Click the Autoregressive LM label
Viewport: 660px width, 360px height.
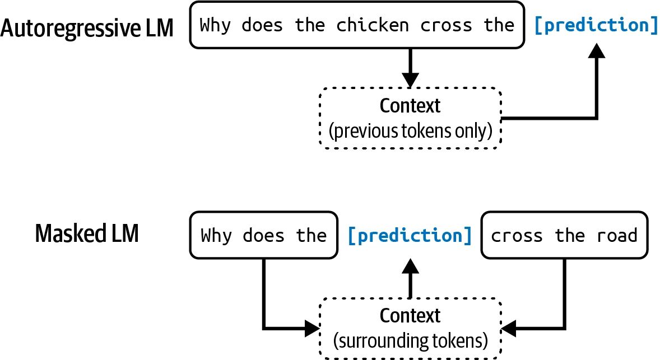tap(87, 28)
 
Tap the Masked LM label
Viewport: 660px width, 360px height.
tap(87, 233)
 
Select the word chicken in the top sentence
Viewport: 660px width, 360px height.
tap(373, 25)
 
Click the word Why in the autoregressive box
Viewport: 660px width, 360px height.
tap(215, 25)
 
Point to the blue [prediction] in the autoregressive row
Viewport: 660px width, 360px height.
tap(596, 25)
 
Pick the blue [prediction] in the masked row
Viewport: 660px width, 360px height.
tap(410, 236)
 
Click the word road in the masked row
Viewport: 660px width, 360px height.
tap(617, 236)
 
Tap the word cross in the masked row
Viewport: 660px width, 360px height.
tap(517, 236)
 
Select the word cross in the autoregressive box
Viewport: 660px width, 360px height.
tap(446, 26)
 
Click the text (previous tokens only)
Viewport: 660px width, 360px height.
tap(410, 131)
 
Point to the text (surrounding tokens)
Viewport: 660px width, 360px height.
tap(410, 340)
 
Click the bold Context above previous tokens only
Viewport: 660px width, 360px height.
tap(410, 106)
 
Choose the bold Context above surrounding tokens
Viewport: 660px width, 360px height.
tap(410, 315)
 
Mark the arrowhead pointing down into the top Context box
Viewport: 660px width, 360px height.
tap(410, 80)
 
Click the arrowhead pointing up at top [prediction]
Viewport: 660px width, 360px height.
tap(597, 50)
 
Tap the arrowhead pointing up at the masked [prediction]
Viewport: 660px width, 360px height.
tap(410, 266)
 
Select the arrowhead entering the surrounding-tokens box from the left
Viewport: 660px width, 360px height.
tap(312, 329)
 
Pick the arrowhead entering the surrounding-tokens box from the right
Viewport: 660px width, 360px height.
tap(509, 329)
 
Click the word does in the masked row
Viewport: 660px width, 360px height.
tap(263, 236)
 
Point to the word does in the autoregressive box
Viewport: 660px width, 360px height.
tap(262, 25)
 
